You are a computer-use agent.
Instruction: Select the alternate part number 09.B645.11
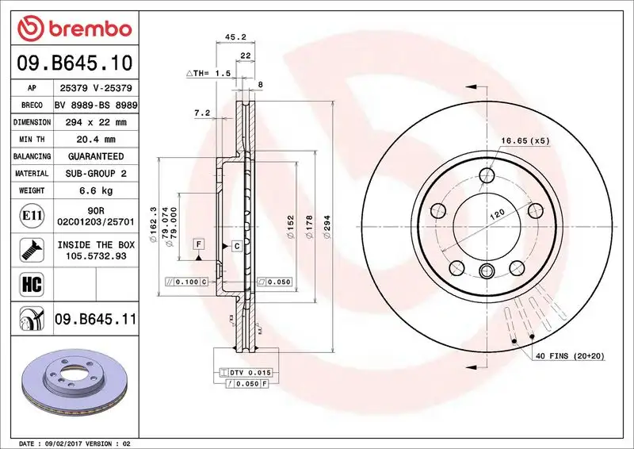[x=95, y=320]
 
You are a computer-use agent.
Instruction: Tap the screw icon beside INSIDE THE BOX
[x=27, y=251]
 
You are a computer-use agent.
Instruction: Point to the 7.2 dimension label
[x=201, y=113]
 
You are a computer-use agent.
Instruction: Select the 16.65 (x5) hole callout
[x=525, y=141]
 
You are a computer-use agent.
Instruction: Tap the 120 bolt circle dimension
[x=496, y=215]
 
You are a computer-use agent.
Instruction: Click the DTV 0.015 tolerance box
[x=250, y=372]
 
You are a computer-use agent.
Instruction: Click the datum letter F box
[x=198, y=244]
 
